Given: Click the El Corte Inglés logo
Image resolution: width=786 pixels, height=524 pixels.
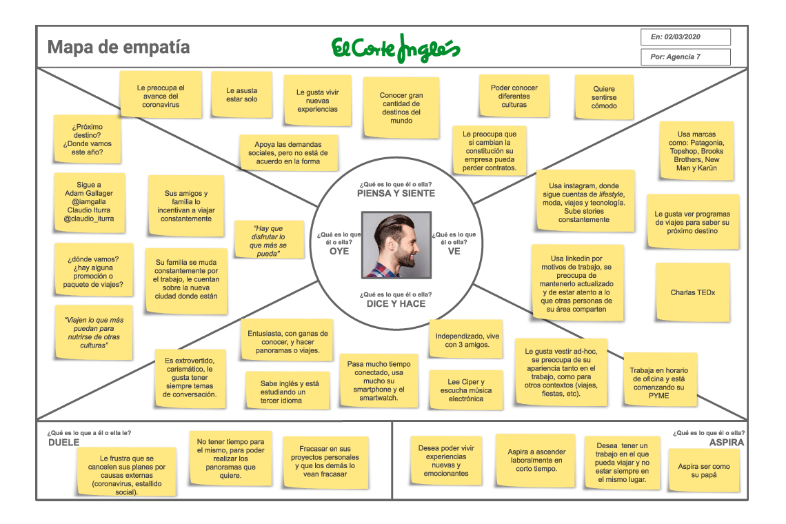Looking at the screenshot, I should click(x=396, y=48).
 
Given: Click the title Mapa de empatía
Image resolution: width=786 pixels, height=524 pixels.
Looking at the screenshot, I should click(x=119, y=48).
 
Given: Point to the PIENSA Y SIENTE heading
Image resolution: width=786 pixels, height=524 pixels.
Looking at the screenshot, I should click(x=396, y=194).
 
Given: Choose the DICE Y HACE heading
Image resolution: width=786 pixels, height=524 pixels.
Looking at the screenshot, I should click(x=396, y=303).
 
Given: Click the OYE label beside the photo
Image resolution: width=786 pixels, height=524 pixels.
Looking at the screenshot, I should click(x=339, y=251).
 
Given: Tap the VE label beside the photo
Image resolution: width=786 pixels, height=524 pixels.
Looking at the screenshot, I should click(x=454, y=251).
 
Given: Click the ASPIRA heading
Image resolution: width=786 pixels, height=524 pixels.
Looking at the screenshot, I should click(x=727, y=443).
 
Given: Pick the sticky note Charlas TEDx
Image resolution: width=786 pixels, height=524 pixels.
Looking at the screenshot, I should click(x=692, y=292).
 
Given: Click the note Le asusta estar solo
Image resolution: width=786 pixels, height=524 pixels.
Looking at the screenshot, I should click(x=241, y=95).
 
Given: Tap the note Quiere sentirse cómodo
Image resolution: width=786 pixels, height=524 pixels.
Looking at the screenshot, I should click(x=604, y=97).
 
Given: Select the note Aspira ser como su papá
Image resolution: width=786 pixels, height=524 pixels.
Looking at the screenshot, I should click(x=703, y=471).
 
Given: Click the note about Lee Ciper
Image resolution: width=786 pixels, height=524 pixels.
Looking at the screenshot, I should click(x=465, y=390).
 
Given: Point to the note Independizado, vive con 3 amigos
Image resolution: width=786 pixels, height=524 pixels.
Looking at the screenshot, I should click(x=467, y=340).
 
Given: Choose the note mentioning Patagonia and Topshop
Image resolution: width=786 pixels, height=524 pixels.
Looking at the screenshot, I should click(x=696, y=151).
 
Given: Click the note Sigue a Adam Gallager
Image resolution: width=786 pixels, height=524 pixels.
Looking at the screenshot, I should click(x=89, y=201).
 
